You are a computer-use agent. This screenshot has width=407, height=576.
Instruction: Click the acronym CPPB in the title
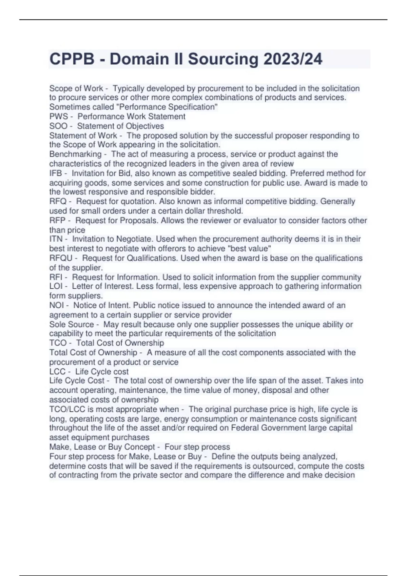72,59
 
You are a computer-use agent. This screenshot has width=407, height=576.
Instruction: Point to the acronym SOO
58,126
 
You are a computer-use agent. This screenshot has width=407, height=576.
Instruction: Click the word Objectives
145,126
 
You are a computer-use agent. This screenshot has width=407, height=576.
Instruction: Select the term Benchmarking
75,154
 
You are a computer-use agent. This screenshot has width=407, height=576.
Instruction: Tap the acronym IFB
56,173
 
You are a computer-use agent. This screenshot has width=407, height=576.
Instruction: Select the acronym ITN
56,239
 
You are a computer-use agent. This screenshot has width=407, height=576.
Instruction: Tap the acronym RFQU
61,258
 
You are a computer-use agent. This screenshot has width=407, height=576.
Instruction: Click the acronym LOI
56,286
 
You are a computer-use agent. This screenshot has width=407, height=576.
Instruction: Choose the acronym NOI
56,305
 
